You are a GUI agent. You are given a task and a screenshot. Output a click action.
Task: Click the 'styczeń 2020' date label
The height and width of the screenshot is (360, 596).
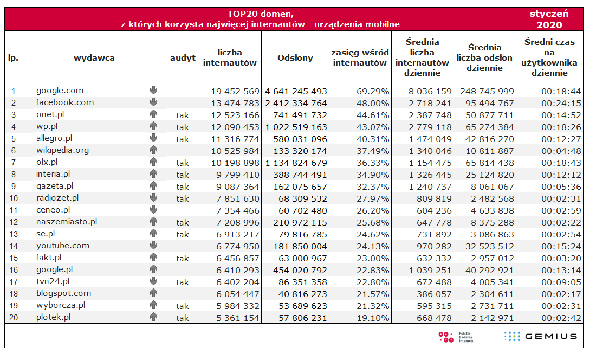pyautogui.click(x=549, y=20)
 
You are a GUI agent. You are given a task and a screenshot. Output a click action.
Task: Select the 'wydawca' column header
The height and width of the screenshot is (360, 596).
pyautogui.click(x=94, y=58)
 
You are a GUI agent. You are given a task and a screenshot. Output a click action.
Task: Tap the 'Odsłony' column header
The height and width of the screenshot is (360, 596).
pyautogui.click(x=295, y=58)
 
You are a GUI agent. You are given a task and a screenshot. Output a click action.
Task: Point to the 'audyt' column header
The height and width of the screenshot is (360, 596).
pyautogui.click(x=183, y=58)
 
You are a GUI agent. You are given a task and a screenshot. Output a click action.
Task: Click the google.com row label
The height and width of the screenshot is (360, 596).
pyautogui.click(x=60, y=91)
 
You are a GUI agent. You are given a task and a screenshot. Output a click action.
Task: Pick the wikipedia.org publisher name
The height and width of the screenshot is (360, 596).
pyautogui.click(x=62, y=150)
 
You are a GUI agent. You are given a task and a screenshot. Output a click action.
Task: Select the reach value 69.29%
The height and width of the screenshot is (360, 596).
pyautogui.click(x=373, y=91)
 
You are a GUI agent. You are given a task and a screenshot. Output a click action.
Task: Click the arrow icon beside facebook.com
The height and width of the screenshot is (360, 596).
pyautogui.click(x=153, y=102)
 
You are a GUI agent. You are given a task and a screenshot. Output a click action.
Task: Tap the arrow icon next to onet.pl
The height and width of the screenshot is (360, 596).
pyautogui.click(x=153, y=114)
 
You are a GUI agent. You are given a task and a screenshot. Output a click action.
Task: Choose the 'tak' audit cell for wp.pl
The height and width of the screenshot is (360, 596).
pyautogui.click(x=183, y=127)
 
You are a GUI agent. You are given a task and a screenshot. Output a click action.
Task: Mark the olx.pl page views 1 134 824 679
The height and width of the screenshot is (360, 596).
pyautogui.click(x=296, y=163)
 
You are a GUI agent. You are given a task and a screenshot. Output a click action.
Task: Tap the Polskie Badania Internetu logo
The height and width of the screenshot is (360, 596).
pyautogui.click(x=456, y=337)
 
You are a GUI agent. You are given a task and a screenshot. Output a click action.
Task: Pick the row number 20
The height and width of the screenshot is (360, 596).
pyautogui.click(x=13, y=318)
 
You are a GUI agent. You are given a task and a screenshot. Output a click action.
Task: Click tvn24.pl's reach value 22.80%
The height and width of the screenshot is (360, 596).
pyautogui.click(x=373, y=282)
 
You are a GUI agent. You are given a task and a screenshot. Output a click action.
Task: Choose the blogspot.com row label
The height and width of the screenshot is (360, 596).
pyautogui.click(x=63, y=293)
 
